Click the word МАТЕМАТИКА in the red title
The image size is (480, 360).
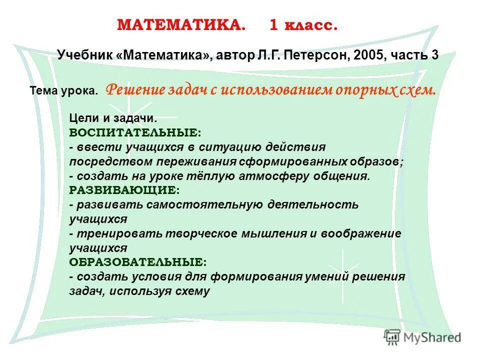coord(181,25)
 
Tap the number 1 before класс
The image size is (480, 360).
coord(274,25)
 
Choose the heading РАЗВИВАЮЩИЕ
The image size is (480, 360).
coord(124,190)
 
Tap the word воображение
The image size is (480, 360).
coord(361,233)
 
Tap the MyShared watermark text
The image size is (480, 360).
coord(432,338)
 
